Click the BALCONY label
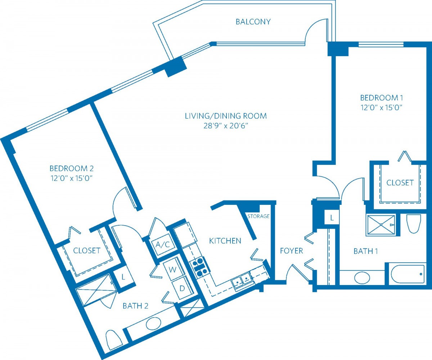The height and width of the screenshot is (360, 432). pyautogui.click(x=253, y=22)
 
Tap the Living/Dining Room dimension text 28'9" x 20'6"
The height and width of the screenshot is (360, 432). pyautogui.click(x=226, y=126)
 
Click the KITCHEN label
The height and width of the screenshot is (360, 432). pyautogui.click(x=225, y=241)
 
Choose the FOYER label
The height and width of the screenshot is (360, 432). pyautogui.click(x=291, y=251)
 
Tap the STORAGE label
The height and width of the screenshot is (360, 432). pyautogui.click(x=258, y=216)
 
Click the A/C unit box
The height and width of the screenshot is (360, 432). pyautogui.click(x=163, y=245)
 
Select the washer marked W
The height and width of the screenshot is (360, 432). pyautogui.click(x=174, y=269)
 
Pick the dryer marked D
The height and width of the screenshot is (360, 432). pyautogui.click(x=182, y=288)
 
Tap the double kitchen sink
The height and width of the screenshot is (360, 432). pyautogui.click(x=242, y=281)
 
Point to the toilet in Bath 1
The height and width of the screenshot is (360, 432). pyautogui.click(x=414, y=224)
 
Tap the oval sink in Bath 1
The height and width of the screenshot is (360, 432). pyautogui.click(x=362, y=278)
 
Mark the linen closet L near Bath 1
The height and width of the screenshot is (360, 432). pyautogui.click(x=332, y=218)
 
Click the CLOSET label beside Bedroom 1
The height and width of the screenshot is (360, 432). pyautogui.click(x=400, y=183)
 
